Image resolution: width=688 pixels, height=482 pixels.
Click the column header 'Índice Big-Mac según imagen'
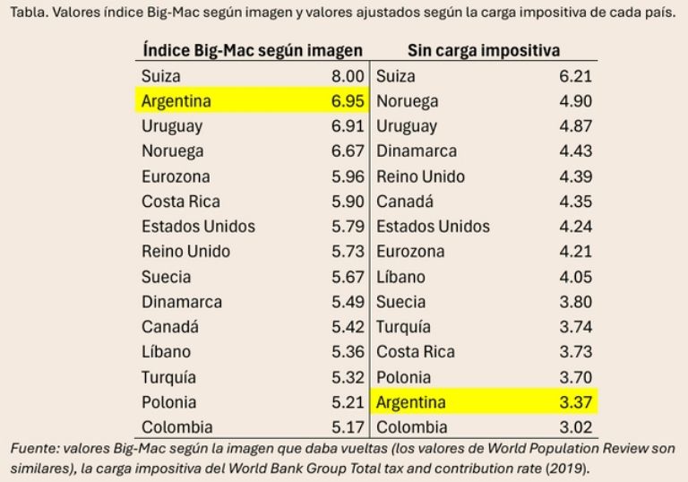(x=253, y=50)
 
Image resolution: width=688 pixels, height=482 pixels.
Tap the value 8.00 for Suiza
(x=348, y=76)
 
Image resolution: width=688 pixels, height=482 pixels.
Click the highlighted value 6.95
(x=348, y=101)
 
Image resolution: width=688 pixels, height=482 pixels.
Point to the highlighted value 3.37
(x=575, y=402)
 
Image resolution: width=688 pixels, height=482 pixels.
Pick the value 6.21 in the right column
(x=575, y=76)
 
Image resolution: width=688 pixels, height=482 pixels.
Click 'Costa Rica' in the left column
(x=180, y=202)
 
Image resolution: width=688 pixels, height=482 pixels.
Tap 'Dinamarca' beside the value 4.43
(x=417, y=151)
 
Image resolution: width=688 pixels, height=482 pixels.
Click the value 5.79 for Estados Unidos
(x=348, y=227)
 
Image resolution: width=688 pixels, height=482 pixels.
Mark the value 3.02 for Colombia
(x=575, y=427)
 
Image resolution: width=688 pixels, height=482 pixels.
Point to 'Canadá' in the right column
(x=405, y=202)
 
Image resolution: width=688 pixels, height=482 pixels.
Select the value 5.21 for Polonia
(x=348, y=402)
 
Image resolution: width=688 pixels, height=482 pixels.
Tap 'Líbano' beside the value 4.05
(x=400, y=277)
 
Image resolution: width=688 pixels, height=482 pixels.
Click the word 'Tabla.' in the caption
(x=27, y=15)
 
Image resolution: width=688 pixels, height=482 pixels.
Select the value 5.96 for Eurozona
(x=348, y=176)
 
